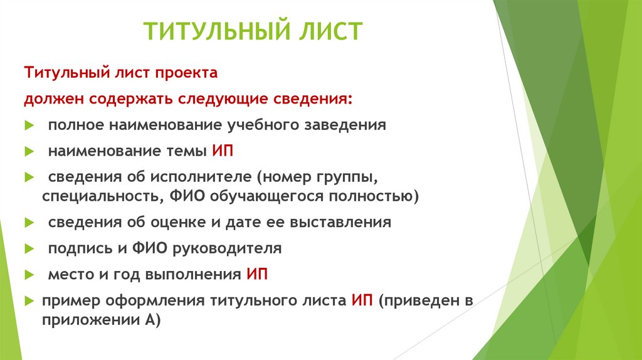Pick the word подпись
(77, 248)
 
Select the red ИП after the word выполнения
(257, 275)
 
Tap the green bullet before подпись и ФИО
(29, 249)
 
